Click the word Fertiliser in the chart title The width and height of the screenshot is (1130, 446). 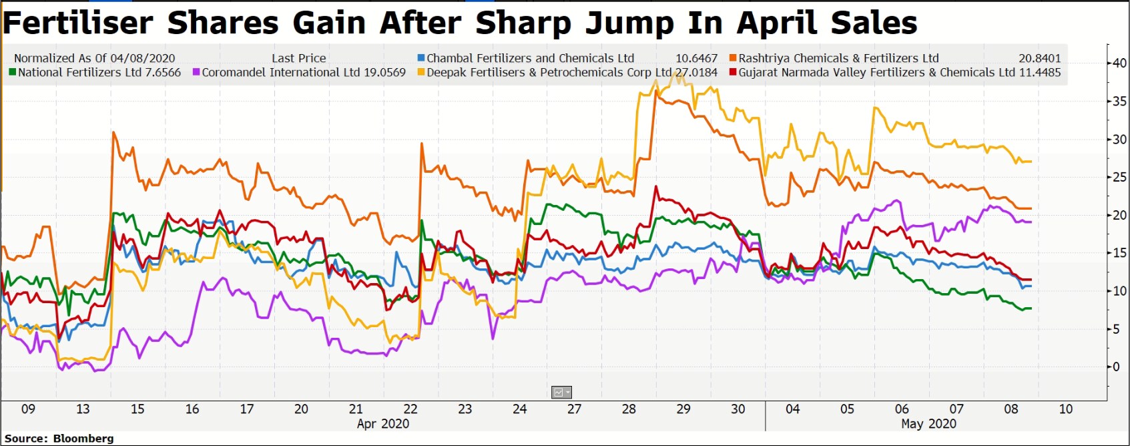tap(78, 23)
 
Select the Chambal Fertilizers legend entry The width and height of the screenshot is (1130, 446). tap(530, 58)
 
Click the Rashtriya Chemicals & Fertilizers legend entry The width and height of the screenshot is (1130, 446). tap(838, 58)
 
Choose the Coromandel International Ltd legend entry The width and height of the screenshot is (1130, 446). tap(280, 72)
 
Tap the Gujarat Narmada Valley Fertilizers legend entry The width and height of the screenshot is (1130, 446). tap(876, 72)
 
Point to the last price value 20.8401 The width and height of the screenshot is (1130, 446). tap(1039, 58)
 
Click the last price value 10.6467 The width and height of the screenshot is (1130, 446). tap(696, 58)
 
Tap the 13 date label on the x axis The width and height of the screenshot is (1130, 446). tap(83, 409)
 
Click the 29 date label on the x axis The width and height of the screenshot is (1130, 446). tap(683, 409)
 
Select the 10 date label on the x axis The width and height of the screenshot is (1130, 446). tap(1066, 409)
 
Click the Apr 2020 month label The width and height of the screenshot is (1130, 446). tap(383, 423)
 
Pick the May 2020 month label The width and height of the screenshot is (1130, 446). tap(928, 423)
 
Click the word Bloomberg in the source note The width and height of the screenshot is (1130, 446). tap(83, 438)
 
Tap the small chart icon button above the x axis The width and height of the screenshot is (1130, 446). tap(561, 393)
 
